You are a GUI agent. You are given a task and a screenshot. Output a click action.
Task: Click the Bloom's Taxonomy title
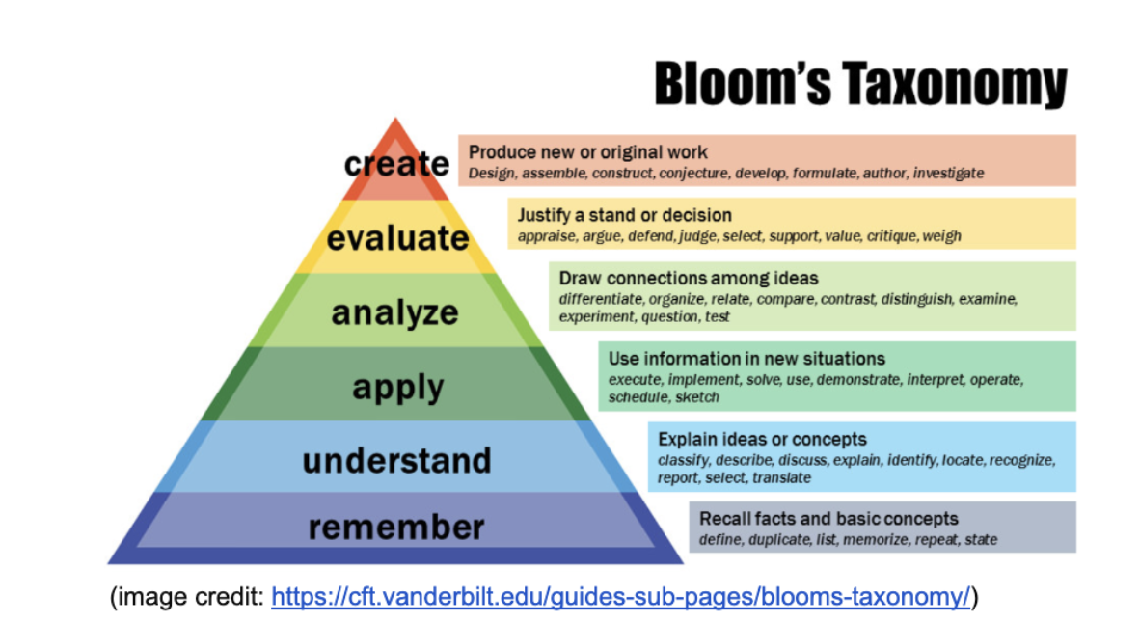pyautogui.click(x=860, y=85)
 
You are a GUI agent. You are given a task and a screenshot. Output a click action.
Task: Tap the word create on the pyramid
pyautogui.click(x=396, y=164)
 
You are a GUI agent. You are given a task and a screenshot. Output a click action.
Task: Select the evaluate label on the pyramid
pyautogui.click(x=397, y=238)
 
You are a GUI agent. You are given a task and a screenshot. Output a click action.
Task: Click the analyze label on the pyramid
pyautogui.click(x=395, y=312)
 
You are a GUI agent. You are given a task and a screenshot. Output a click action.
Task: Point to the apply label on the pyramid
pyautogui.click(x=397, y=387)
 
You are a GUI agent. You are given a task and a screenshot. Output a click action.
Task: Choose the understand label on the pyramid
pyautogui.click(x=396, y=460)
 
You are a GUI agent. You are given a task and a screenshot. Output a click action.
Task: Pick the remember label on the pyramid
pyautogui.click(x=396, y=527)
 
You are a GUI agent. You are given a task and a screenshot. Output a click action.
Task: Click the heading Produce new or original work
pyautogui.click(x=588, y=152)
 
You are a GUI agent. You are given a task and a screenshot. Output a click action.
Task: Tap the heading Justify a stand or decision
pyautogui.click(x=624, y=215)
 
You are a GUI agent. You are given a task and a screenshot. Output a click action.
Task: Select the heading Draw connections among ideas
pyautogui.click(x=689, y=279)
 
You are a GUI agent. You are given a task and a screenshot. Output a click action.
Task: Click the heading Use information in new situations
pyautogui.click(x=746, y=359)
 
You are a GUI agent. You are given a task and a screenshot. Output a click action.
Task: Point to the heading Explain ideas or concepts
pyautogui.click(x=762, y=440)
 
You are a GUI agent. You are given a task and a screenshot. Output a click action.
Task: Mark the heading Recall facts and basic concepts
pyautogui.click(x=828, y=519)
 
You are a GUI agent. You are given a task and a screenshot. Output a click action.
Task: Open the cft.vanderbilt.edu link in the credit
pyautogui.click(x=620, y=597)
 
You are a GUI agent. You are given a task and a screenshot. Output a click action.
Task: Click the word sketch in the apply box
pyautogui.click(x=696, y=397)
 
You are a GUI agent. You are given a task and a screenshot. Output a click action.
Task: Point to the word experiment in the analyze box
pyautogui.click(x=595, y=316)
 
